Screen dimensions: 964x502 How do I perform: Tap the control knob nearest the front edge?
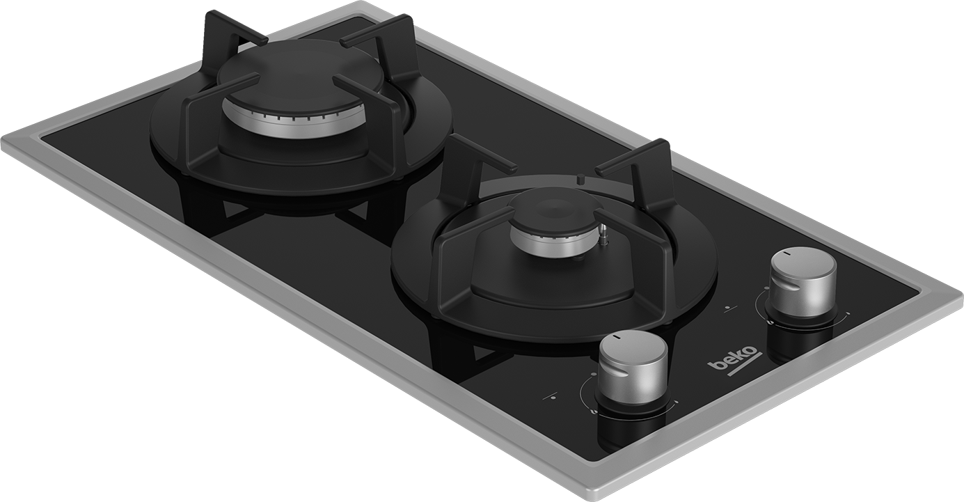coord(633,367)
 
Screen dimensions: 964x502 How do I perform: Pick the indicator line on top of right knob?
coord(787,253)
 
